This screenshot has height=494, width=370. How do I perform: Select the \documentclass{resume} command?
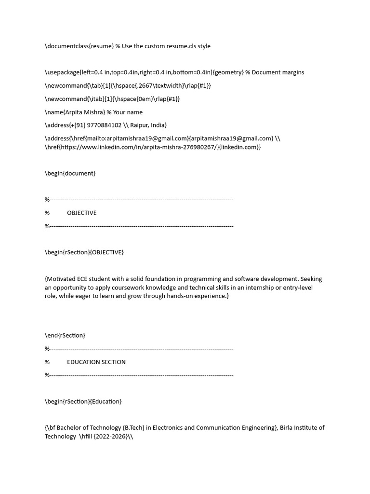point(79,46)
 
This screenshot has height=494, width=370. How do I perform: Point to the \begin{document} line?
point(70,173)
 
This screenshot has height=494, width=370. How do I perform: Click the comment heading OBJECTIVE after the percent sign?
point(81,213)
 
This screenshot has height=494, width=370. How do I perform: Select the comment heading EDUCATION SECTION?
point(96,362)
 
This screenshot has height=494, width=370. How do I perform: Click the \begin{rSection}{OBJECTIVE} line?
point(85,252)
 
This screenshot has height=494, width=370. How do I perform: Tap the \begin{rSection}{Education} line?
point(83,401)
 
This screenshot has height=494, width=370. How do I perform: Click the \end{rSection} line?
point(65,335)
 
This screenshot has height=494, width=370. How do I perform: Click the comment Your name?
point(128,112)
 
